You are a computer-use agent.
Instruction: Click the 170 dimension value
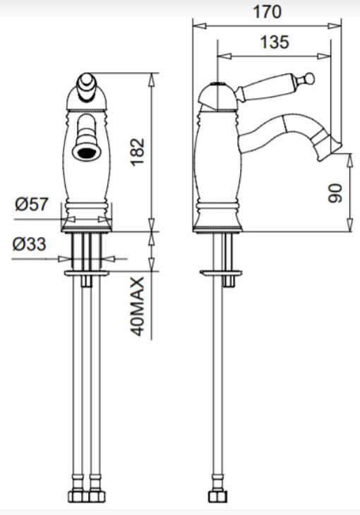tap(267, 12)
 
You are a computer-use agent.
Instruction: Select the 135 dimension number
tap(275, 42)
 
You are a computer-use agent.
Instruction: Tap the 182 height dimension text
tap(138, 152)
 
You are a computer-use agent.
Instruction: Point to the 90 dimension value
tap(335, 193)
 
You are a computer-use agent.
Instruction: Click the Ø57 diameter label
tap(32, 205)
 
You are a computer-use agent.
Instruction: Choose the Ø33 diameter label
tap(29, 244)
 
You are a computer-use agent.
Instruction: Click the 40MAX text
tap(138, 306)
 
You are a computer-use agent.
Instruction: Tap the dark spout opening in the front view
tap(87, 152)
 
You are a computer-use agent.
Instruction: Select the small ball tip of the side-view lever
tap(309, 78)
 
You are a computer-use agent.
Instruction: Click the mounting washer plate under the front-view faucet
tap(87, 273)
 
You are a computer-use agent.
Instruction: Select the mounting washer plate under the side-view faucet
tap(221, 273)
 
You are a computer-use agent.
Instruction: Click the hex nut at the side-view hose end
tap(217, 497)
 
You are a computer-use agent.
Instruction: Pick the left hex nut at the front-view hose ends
tap(78, 497)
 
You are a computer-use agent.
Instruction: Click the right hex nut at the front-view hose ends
tap(97, 497)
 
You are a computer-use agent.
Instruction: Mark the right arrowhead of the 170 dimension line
tap(335, 26)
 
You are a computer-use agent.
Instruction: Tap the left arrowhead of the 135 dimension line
tap(224, 56)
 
